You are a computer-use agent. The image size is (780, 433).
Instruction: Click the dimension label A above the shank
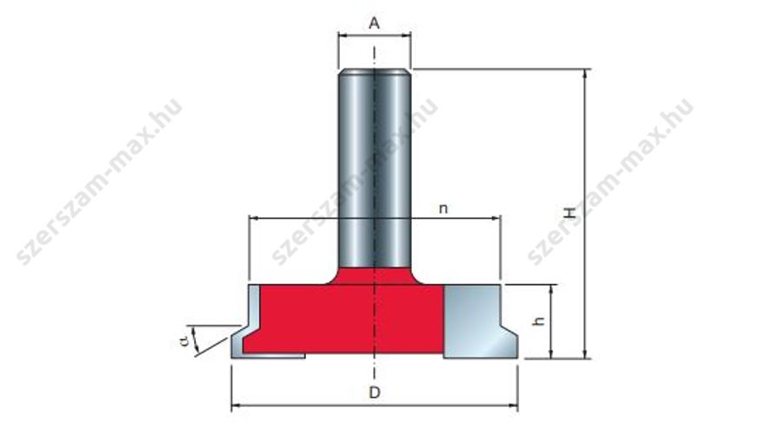[x=374, y=23]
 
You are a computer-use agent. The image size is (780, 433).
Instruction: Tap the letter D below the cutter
[x=374, y=393]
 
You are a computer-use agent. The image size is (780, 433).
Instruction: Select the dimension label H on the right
[x=569, y=213]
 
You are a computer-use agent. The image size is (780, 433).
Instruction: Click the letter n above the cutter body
[x=443, y=209]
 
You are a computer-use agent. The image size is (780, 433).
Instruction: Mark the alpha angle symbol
[x=185, y=340]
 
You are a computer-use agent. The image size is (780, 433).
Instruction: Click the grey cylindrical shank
[x=374, y=169]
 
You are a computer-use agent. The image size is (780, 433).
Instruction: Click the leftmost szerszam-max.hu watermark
[x=100, y=182]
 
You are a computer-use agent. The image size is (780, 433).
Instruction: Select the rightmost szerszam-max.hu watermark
[x=610, y=182]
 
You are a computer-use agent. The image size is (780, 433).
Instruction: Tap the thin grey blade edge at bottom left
[x=268, y=355]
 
